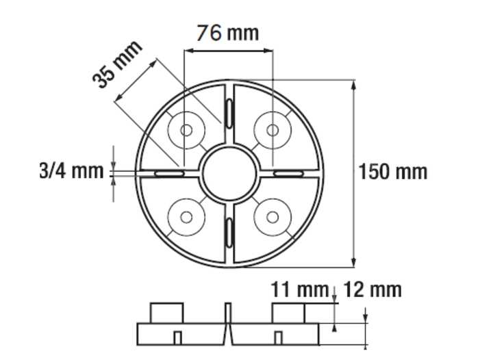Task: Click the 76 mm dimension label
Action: click(x=228, y=32)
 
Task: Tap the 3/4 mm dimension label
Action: click(x=71, y=170)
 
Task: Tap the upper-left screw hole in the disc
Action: click(x=186, y=129)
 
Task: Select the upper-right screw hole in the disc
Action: click(x=273, y=129)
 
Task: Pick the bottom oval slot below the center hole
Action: click(x=229, y=233)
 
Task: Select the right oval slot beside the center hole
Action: click(x=289, y=174)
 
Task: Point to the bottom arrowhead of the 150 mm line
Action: click(x=353, y=262)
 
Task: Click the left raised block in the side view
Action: click(x=167, y=313)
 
